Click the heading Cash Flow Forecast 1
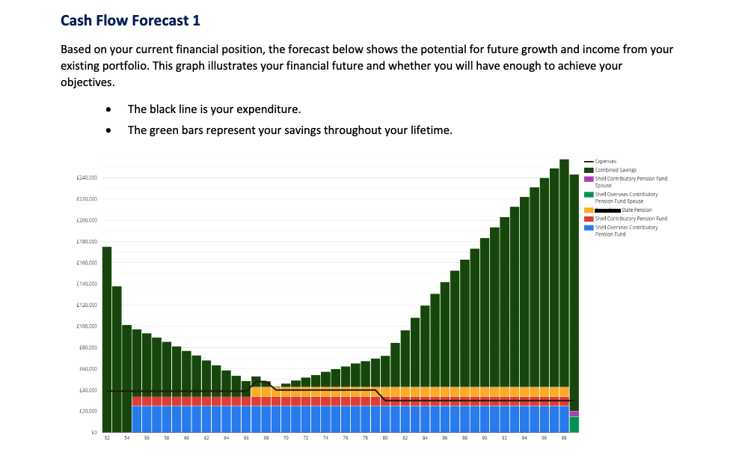tap(130, 21)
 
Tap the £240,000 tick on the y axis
tap(88, 178)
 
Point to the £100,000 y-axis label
tap(88, 326)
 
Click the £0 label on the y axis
tap(93, 433)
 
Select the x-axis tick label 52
tap(107, 437)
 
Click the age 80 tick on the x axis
tap(385, 437)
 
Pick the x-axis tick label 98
tap(564, 437)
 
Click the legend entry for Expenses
tap(605, 162)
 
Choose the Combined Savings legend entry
tap(616, 170)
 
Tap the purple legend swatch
tap(589, 179)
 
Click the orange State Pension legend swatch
tap(589, 210)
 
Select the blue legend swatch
tap(589, 227)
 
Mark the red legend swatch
tap(589, 219)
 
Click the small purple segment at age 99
tap(574, 414)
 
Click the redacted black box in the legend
tap(607, 210)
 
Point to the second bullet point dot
tap(109, 131)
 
